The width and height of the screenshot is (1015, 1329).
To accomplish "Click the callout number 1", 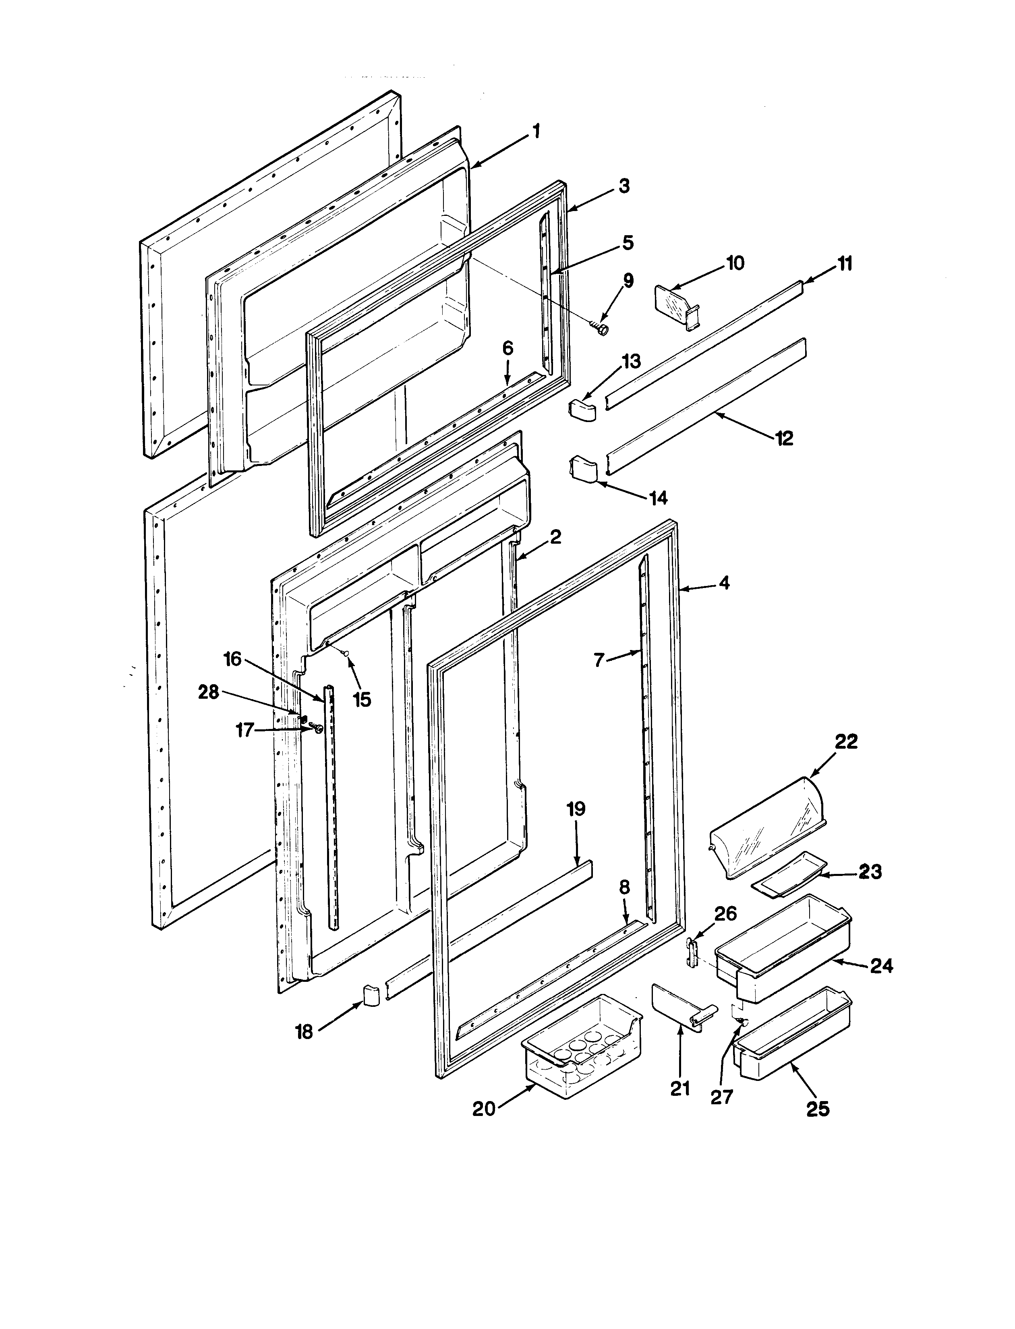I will point(536,131).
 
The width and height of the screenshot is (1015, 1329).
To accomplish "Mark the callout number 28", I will point(209,692).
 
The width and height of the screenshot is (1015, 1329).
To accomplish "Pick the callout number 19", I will point(576,809).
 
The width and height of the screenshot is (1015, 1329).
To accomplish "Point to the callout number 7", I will point(599,660).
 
